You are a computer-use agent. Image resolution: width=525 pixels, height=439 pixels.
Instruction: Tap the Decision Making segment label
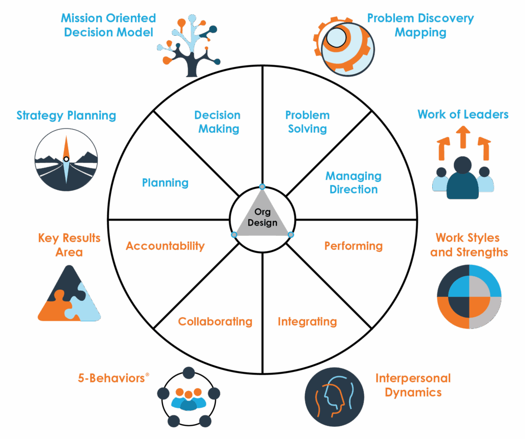(217, 122)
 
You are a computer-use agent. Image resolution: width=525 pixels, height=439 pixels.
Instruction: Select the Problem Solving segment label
(308, 122)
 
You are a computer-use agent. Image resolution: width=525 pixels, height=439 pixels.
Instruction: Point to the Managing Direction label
(354, 183)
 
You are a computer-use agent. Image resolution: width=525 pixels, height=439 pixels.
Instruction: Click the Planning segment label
(166, 183)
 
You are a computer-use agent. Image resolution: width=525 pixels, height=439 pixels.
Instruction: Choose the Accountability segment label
(166, 246)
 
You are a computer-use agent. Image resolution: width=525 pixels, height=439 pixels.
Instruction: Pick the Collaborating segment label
(215, 321)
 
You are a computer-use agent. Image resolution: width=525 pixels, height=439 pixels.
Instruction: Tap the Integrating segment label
(308, 321)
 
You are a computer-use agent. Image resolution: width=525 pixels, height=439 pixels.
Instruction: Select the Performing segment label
(354, 246)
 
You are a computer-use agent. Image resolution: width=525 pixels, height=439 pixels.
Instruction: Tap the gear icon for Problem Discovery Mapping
(344, 46)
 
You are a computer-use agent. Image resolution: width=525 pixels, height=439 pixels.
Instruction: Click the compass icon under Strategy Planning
(66, 160)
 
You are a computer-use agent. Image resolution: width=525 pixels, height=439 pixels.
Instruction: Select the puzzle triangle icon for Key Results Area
(69, 293)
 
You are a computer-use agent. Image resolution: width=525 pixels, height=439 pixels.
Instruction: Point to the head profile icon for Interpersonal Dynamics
(334, 397)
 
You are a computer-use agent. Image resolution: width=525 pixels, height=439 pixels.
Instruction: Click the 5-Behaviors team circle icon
(189, 397)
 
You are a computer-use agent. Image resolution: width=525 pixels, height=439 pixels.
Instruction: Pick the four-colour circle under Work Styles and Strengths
(469, 297)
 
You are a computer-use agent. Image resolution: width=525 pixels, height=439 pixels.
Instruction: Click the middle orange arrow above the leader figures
(463, 137)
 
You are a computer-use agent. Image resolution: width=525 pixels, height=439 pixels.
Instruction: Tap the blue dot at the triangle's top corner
(262, 187)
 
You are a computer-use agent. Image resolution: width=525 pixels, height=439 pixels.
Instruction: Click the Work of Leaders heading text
(463, 114)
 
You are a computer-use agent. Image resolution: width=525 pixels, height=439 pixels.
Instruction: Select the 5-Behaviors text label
(111, 378)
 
